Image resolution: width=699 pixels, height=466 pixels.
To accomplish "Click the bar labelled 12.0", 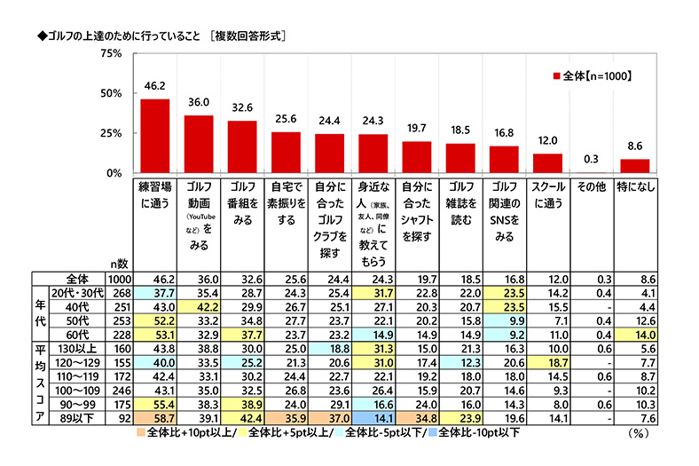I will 546,163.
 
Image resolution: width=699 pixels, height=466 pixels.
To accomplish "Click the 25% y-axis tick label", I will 111,133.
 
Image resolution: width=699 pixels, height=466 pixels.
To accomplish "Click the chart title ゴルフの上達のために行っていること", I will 111,36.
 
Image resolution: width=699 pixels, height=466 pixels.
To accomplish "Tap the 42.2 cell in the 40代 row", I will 199,307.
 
